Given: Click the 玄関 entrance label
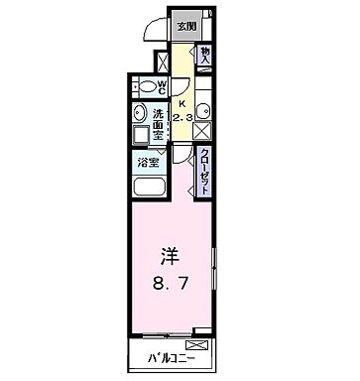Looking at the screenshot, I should click(x=185, y=27).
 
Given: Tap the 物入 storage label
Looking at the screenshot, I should click(x=205, y=57).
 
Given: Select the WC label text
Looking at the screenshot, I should click(x=160, y=86).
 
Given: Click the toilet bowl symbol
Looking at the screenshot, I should click(x=144, y=86).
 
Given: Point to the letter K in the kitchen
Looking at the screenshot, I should click(x=181, y=101).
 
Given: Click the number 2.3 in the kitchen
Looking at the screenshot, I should click(x=181, y=118).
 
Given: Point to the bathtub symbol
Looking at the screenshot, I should click(x=149, y=189).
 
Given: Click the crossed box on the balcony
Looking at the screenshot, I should click(x=198, y=345).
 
